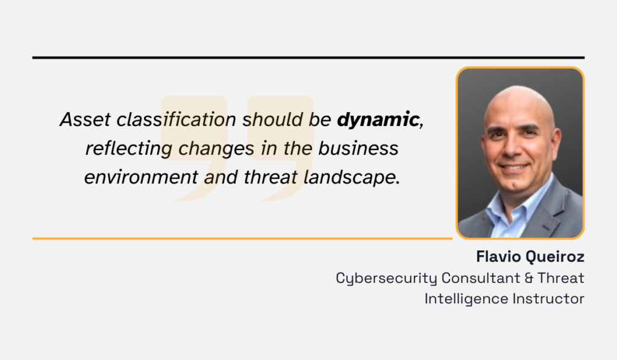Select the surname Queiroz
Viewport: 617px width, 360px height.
point(555,257)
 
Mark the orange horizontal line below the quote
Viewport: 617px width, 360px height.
point(242,239)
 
